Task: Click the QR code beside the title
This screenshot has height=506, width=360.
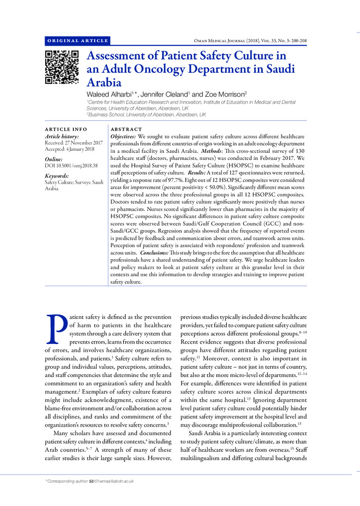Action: point(62,67)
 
